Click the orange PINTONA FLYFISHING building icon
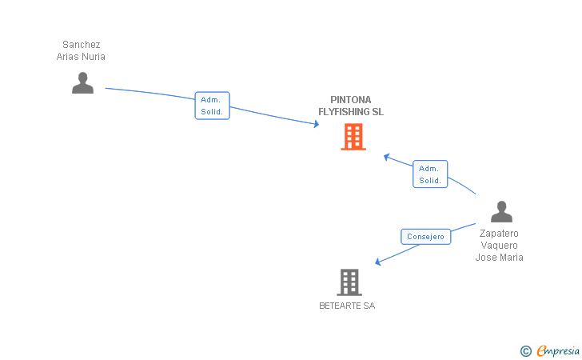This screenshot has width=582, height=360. pyautogui.click(x=353, y=137)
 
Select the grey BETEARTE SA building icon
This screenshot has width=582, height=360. pyautogui.click(x=349, y=282)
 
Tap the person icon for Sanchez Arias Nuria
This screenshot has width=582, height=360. pyautogui.click(x=82, y=83)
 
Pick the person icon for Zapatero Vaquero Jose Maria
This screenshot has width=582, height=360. pyautogui.click(x=501, y=212)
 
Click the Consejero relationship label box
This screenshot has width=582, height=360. pyautogui.click(x=426, y=237)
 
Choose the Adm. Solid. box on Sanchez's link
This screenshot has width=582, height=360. pyautogui.click(x=213, y=106)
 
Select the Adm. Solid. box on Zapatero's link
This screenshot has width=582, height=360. pyautogui.click(x=430, y=174)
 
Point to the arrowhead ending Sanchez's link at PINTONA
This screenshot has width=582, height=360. pyautogui.click(x=317, y=124)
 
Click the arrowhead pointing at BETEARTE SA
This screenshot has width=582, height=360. pyautogui.click(x=378, y=262)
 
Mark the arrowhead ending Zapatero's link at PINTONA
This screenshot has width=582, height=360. pyautogui.click(x=386, y=157)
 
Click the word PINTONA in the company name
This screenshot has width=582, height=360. pyautogui.click(x=351, y=100)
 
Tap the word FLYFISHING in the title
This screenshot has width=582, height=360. pyautogui.click(x=342, y=112)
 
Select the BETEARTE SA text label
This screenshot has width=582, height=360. pyautogui.click(x=347, y=306)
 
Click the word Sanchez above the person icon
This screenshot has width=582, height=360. pyautogui.click(x=82, y=45)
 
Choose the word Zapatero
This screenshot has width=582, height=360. pyautogui.click(x=499, y=234)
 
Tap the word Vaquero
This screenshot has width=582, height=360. pyautogui.click(x=499, y=246)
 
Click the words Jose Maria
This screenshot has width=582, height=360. pyautogui.click(x=499, y=257)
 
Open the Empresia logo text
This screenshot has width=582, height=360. pyautogui.click(x=558, y=350)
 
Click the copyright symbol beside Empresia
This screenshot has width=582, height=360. pyautogui.click(x=525, y=351)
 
